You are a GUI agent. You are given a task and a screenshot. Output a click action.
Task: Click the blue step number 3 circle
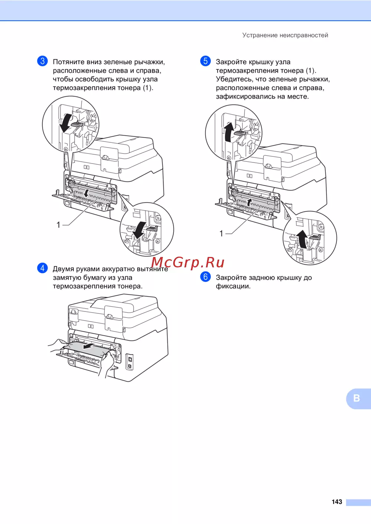point(42,61)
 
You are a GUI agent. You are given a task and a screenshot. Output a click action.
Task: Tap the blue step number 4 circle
point(42,268)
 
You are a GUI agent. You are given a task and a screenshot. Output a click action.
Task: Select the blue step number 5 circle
point(205,61)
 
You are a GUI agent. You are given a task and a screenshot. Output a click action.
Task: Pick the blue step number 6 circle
point(205,277)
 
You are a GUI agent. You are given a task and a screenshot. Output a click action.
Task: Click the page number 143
point(337,501)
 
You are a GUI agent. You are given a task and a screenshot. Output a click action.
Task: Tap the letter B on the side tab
point(357,398)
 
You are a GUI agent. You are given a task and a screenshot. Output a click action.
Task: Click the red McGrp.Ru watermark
point(188,262)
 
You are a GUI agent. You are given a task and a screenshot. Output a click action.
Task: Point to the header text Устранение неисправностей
point(285,35)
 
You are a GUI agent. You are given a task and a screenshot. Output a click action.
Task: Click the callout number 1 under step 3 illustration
point(58,225)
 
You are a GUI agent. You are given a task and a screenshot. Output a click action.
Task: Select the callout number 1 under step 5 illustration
point(221,234)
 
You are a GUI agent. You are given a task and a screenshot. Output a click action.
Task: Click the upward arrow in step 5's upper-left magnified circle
point(229,132)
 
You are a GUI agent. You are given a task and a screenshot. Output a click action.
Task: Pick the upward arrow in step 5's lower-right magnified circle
point(303,239)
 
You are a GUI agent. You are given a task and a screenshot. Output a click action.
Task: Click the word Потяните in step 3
point(69,62)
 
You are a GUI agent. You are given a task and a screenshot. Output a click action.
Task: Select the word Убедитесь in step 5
point(234,79)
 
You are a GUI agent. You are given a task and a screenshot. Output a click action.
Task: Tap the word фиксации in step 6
point(233,287)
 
